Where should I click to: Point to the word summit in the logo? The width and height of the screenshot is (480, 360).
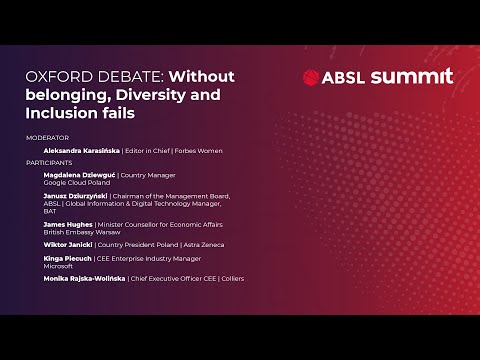click(411, 77)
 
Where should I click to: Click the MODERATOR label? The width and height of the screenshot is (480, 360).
click(48, 137)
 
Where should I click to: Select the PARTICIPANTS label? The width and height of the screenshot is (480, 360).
click(50, 161)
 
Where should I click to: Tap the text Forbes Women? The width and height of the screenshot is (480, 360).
click(200, 150)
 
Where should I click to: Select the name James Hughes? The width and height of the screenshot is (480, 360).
click(68, 225)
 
